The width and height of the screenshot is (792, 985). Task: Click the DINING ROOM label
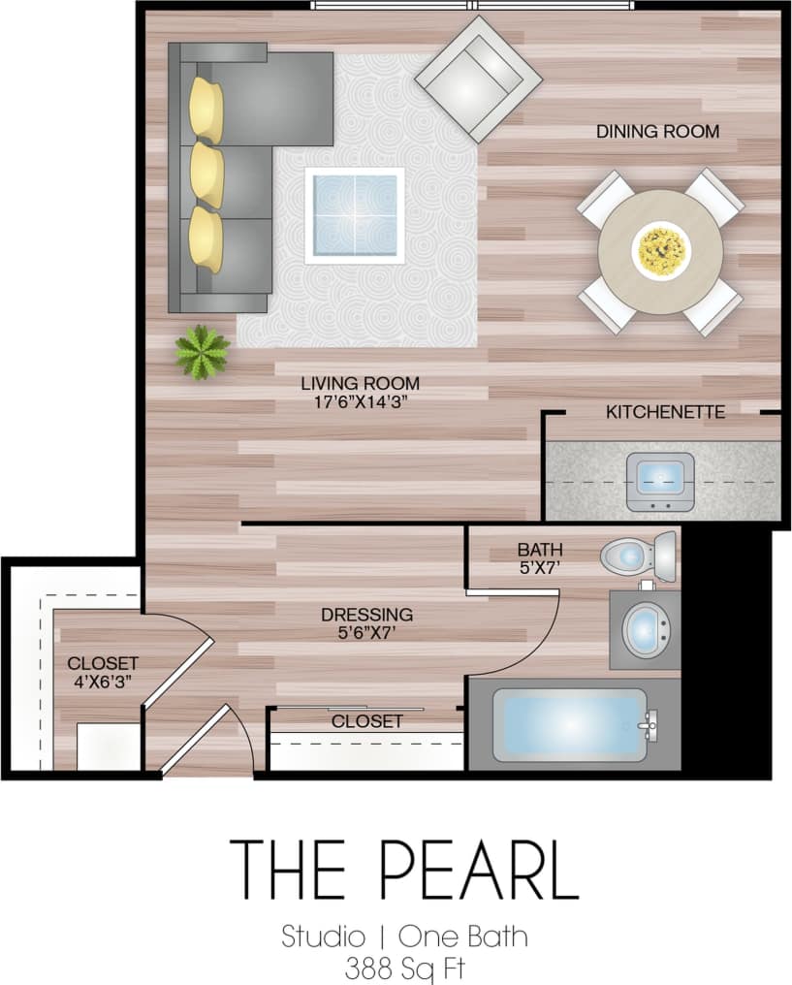(657, 131)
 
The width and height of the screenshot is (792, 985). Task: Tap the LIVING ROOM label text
(360, 383)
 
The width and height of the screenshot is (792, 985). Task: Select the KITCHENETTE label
(665, 412)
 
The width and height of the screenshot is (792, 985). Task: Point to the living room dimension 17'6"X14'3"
(360, 401)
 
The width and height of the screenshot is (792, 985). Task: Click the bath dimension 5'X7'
(540, 568)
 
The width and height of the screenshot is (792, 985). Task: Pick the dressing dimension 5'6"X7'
(366, 633)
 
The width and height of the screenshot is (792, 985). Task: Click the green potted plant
(203, 352)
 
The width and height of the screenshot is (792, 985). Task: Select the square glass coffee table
(354, 215)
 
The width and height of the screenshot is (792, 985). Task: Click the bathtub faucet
(649, 722)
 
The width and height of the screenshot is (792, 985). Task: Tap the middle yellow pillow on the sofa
(206, 175)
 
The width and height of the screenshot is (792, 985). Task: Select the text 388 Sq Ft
(403, 967)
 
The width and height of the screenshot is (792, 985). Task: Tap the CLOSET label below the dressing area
(366, 721)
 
